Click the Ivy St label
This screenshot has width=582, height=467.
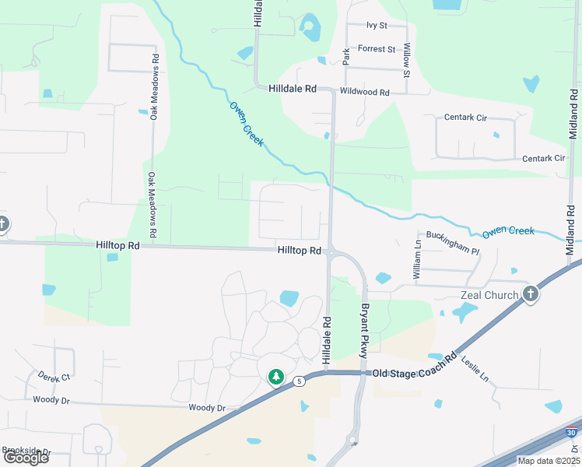(x=377, y=26)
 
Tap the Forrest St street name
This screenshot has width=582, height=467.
(x=377, y=48)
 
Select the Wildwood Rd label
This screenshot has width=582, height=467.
(x=364, y=92)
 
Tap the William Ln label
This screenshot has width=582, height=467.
(x=417, y=260)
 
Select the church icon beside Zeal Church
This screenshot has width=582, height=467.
(x=531, y=293)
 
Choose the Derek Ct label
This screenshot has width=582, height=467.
(x=54, y=377)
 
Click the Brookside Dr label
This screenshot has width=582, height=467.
(x=26, y=451)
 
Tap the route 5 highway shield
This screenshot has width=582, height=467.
(x=298, y=381)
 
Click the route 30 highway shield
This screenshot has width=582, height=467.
(x=573, y=432)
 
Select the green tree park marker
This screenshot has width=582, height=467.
(x=275, y=377)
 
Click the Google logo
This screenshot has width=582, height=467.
(x=25, y=458)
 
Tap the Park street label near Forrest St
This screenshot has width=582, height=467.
(x=346, y=55)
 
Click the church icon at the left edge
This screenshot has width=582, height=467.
(x=2, y=225)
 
